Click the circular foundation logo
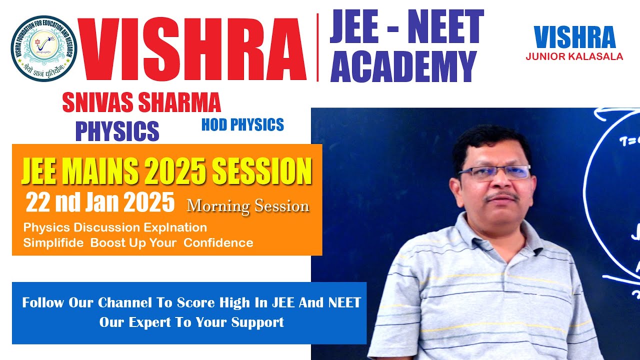point(43,48)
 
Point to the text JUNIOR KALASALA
point(574,56)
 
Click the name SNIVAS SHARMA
point(141,103)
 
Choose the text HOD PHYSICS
point(242,124)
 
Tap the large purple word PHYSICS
point(117,130)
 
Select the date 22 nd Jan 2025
point(100,203)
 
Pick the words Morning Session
point(248,206)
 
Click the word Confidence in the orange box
point(218,243)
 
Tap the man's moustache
point(501,195)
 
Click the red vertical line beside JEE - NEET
point(318,47)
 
